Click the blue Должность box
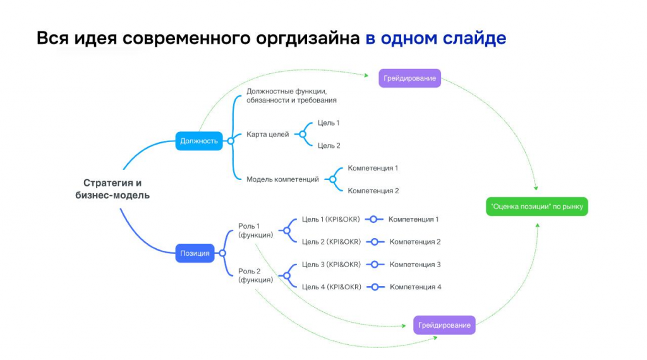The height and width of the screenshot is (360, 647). pos(199,141)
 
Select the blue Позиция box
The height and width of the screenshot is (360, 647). pos(195,253)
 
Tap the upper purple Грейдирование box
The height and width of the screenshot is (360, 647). pos(409,78)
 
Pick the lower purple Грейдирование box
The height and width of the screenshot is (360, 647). pos(444,325)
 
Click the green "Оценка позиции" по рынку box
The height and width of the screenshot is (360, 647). pos(537,206)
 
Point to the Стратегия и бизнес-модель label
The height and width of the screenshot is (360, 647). pos(112,189)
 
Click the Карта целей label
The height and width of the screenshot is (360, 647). pos(268,135)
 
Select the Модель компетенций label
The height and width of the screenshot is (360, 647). pos(282,179)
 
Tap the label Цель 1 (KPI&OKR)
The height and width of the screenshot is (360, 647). pos(330,219)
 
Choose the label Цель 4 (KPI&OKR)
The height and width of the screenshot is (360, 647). pos(331,287)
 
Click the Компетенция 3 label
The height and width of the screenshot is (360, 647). pos(415,265)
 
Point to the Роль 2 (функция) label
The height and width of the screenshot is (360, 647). pos(255,275)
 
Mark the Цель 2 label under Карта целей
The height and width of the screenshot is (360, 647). pos(329,145)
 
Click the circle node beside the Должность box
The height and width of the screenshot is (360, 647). pos(231,141)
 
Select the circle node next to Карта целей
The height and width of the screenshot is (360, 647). pos(303,135)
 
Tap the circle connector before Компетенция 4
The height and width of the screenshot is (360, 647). pos(375,287)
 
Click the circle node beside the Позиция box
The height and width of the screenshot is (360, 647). pos(222,253)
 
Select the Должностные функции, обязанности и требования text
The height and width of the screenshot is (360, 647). pos(291,95)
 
